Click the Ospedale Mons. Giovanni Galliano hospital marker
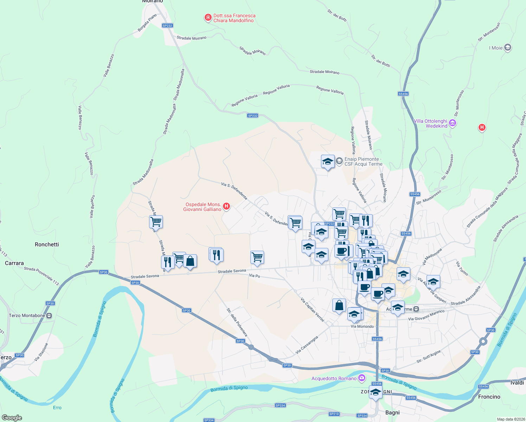tap(227, 206)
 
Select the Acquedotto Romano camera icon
tap(361, 378)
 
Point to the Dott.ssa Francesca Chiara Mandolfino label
tap(234, 18)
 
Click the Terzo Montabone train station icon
tap(49, 315)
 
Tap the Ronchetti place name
tap(47, 244)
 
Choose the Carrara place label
tap(14, 263)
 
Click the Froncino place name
tap(489, 397)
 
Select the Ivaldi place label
tap(517, 383)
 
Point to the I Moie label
tap(496, 48)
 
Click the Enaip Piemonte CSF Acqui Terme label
tap(363, 161)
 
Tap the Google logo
tap(12, 418)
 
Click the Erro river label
tap(57, 408)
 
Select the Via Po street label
tap(255, 276)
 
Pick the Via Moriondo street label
tap(362, 326)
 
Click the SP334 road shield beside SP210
tap(362, 416)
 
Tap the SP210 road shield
tap(334, 414)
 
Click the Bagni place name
tap(392, 413)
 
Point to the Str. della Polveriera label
tap(237, 322)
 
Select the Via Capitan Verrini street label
tap(312, 309)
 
